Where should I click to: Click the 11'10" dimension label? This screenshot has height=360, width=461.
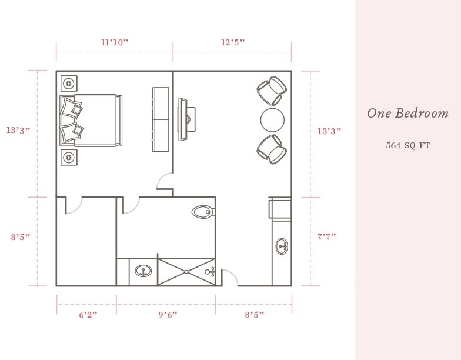pyautogui.click(x=115, y=42)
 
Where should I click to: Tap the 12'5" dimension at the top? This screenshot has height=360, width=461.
pyautogui.click(x=233, y=42)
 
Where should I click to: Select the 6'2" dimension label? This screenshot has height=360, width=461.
pyautogui.click(x=88, y=315)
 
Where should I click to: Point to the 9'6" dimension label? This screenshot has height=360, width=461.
pyautogui.click(x=168, y=315)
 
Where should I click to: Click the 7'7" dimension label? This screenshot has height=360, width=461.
pyautogui.click(x=327, y=236)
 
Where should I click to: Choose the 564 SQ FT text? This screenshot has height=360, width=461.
pyautogui.click(x=408, y=145)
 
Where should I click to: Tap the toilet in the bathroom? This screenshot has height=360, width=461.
pyautogui.click(x=203, y=212)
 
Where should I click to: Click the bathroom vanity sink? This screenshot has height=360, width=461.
pyautogui.click(x=143, y=271)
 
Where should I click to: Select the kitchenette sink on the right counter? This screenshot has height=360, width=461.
pyautogui.click(x=282, y=246)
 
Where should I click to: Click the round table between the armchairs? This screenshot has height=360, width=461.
pyautogui.click(x=273, y=120)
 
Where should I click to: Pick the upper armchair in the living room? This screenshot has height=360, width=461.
pyautogui.click(x=272, y=91)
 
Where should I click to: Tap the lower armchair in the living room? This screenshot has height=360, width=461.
pyautogui.click(x=272, y=149)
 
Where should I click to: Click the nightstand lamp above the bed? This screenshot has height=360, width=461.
pyautogui.click(x=69, y=84)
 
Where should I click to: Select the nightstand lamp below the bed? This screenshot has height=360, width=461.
pyautogui.click(x=69, y=158)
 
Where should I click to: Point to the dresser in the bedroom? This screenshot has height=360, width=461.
pyautogui.click(x=161, y=119)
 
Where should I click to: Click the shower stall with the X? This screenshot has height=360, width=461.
pyautogui.click(x=187, y=272)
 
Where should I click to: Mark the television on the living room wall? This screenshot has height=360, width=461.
pyautogui.click(x=182, y=119)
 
